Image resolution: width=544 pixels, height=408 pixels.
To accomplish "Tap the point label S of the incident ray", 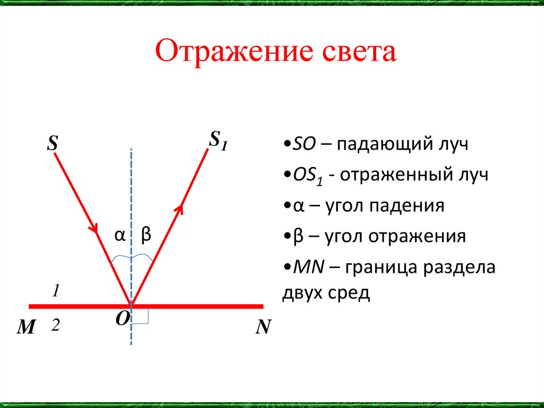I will (53, 143).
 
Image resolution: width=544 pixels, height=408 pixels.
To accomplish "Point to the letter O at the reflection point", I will (122, 319).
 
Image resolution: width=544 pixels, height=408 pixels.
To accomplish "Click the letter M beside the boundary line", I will (25, 328).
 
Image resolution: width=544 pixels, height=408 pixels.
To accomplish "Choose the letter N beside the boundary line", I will (263, 327).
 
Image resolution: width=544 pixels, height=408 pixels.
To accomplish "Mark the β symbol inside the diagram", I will (146, 235).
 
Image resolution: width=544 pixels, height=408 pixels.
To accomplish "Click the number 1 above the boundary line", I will (55, 291).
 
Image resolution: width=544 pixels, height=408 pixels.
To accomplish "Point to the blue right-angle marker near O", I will (141, 316).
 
